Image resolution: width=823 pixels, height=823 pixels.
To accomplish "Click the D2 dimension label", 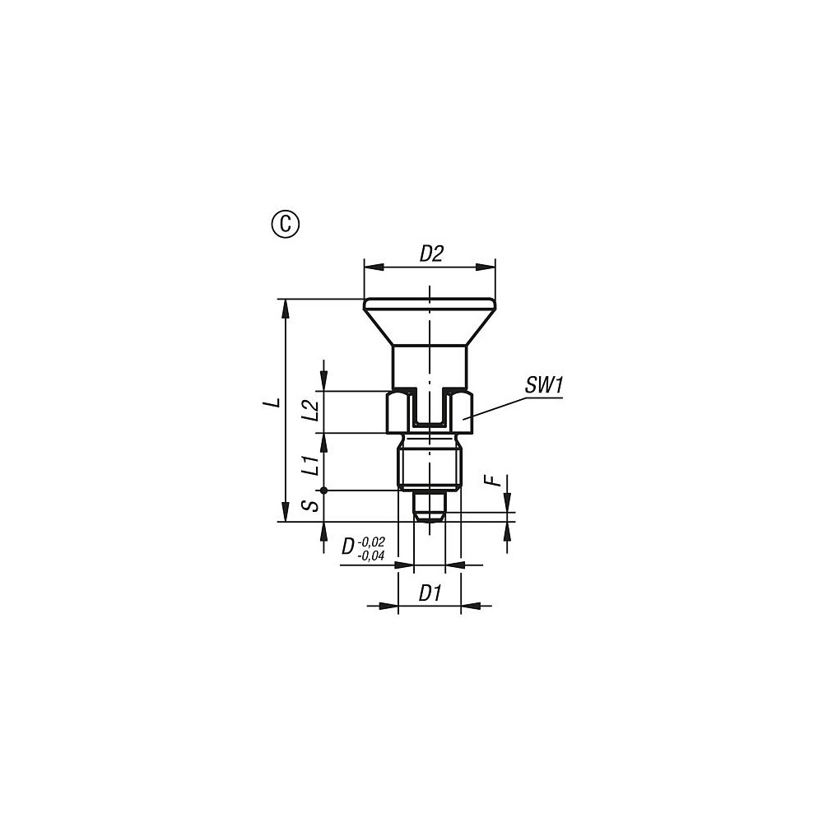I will (431, 253).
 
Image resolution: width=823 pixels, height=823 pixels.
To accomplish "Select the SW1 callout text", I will (542, 385).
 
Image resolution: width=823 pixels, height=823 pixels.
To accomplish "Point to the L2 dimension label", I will (310, 411).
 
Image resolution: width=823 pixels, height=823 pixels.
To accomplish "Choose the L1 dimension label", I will (310, 465).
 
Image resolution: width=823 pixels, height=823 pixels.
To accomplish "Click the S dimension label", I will (310, 505).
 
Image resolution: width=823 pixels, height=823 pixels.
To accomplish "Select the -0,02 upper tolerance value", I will (372, 541).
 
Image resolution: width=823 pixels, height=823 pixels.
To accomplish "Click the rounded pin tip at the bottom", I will (430, 514).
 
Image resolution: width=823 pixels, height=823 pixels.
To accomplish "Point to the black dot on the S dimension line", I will (324, 491).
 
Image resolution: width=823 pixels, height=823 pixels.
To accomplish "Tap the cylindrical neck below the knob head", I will (430, 366).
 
